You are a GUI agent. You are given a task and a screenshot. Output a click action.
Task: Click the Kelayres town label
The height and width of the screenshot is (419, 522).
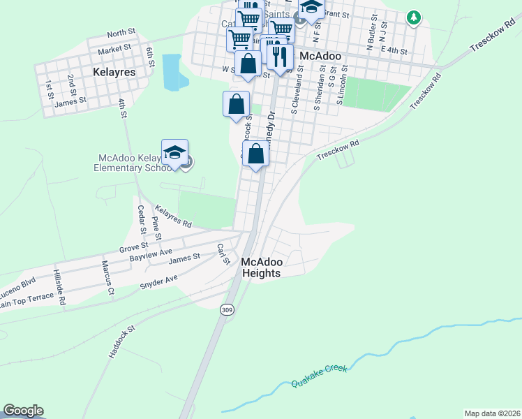(114, 71)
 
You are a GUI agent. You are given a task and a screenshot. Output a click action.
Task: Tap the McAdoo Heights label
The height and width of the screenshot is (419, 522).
(262, 267)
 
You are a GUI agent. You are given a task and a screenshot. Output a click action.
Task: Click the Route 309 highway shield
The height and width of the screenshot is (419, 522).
(226, 309)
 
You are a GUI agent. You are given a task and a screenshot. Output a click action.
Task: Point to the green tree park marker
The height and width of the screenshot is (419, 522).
(414, 17)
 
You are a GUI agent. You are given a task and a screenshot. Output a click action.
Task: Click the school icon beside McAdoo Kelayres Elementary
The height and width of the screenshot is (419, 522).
(174, 153)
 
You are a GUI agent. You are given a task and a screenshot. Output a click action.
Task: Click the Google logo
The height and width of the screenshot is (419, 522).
(23, 411)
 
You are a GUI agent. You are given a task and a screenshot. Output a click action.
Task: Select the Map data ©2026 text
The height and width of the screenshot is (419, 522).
(492, 413)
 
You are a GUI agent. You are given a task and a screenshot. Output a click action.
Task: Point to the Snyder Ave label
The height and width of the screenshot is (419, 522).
(159, 281)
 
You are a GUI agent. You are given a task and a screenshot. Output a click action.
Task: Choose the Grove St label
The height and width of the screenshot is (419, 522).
(133, 246)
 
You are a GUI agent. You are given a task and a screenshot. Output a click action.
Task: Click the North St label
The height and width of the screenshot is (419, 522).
(121, 34)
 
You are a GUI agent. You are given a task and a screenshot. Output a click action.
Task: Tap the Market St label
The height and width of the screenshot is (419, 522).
(114, 49)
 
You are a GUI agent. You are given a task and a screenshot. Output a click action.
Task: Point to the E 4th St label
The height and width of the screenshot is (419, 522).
(394, 50)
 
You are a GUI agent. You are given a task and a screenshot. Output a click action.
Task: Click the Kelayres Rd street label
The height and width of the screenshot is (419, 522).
(173, 216)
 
